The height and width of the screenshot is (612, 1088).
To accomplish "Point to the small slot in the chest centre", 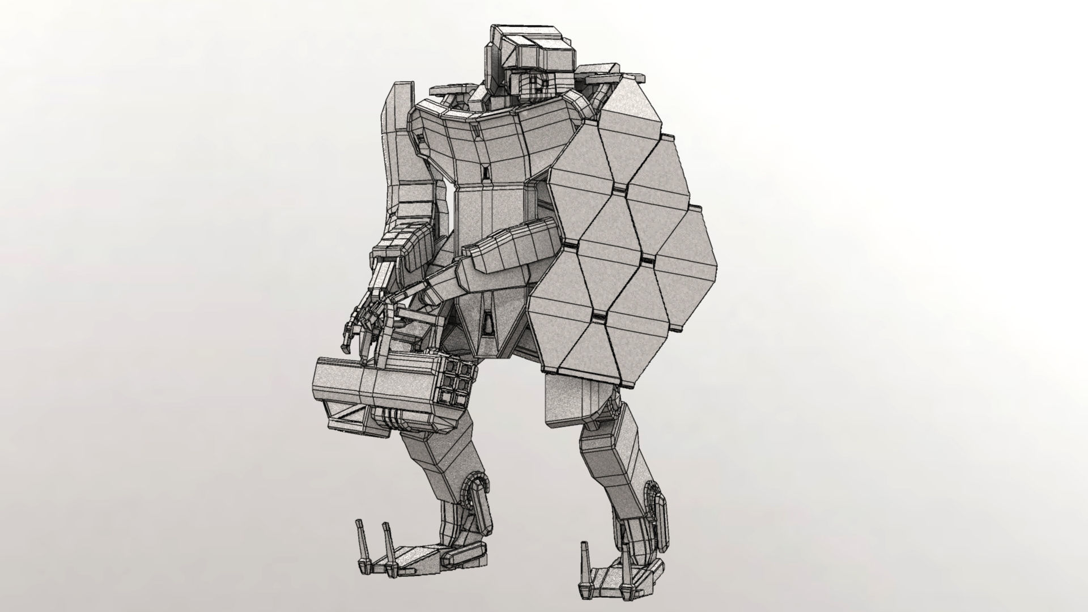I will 486,173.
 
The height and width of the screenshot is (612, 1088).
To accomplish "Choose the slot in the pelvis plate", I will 487,323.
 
